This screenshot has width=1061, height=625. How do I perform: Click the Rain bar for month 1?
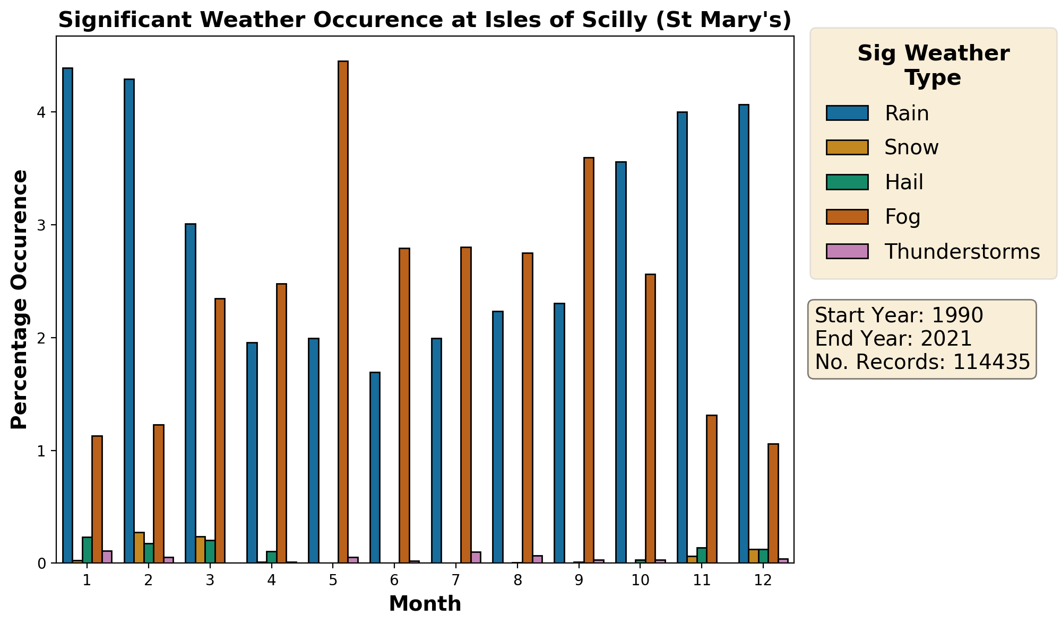pyautogui.click(x=67, y=315)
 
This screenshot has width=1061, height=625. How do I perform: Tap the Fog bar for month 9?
pyautogui.click(x=589, y=360)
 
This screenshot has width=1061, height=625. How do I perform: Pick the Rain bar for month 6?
pyautogui.click(x=375, y=468)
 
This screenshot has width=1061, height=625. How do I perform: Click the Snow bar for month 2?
pyautogui.click(x=139, y=548)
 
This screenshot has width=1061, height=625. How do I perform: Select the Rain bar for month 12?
pyautogui.click(x=744, y=333)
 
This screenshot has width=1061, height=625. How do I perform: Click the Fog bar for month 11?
pyautogui.click(x=712, y=489)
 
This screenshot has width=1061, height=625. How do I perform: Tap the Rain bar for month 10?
pyautogui.click(x=620, y=362)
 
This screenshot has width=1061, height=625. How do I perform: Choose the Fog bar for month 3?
pyautogui.click(x=220, y=430)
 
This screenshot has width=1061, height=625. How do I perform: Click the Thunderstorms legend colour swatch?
pyautogui.click(x=847, y=251)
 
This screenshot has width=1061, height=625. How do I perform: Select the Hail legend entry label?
pyautogui.click(x=904, y=182)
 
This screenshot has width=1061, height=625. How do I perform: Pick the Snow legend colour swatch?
pyautogui.click(x=847, y=147)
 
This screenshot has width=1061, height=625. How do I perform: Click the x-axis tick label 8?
pyautogui.click(x=517, y=580)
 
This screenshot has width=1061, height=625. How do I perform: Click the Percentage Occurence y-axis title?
pyautogui.click(x=20, y=300)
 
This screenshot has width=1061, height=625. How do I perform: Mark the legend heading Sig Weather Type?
pyautogui.click(x=933, y=66)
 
